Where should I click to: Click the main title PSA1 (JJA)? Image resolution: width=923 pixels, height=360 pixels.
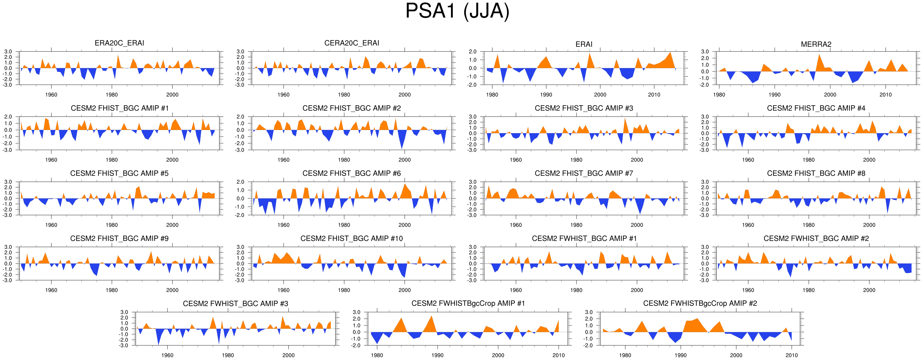click(457, 11)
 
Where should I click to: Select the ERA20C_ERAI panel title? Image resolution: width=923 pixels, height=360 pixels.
click(119, 43)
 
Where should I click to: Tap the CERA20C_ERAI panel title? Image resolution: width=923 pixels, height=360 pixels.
click(352, 43)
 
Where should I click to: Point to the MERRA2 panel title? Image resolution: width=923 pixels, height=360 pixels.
click(816, 44)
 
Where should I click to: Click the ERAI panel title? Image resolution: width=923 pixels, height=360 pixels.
click(584, 44)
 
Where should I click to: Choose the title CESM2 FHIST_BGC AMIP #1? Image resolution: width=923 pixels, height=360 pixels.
click(119, 108)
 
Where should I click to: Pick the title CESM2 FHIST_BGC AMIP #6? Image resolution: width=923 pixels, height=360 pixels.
click(352, 173)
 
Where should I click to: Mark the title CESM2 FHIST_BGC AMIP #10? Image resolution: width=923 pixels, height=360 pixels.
click(352, 239)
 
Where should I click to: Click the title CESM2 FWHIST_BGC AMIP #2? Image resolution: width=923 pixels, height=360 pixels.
click(816, 239)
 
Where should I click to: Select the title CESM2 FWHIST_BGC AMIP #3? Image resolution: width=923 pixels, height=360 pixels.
click(235, 304)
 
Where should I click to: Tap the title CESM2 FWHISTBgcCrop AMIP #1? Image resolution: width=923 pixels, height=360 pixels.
click(468, 303)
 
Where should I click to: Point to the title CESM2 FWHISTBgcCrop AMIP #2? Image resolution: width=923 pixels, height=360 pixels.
click(700, 303)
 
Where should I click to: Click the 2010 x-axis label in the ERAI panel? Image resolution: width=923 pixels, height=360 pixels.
click(654, 95)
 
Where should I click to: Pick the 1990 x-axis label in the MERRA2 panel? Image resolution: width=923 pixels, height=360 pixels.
click(774, 95)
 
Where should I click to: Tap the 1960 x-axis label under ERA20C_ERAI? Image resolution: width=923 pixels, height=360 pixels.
click(51, 95)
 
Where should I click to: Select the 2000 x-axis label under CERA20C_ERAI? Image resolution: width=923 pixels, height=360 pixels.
click(405, 95)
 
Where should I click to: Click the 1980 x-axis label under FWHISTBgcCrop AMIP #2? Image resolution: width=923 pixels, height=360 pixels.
click(625, 355)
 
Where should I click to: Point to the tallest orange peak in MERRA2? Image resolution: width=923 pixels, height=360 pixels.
click(819, 55)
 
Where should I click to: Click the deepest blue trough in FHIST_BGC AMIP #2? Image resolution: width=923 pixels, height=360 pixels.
click(402, 148)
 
